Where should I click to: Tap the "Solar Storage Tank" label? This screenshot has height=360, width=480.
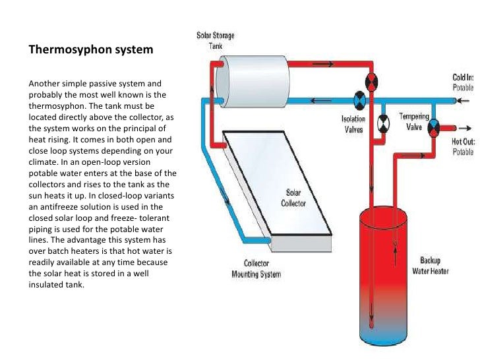point(216,40)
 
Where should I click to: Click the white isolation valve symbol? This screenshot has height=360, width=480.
point(382,123)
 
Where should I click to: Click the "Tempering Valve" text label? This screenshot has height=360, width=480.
point(414,121)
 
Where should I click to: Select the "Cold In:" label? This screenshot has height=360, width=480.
point(463,78)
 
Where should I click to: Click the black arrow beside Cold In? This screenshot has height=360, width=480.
point(465,101)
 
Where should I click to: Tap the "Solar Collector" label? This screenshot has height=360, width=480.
point(294,198)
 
